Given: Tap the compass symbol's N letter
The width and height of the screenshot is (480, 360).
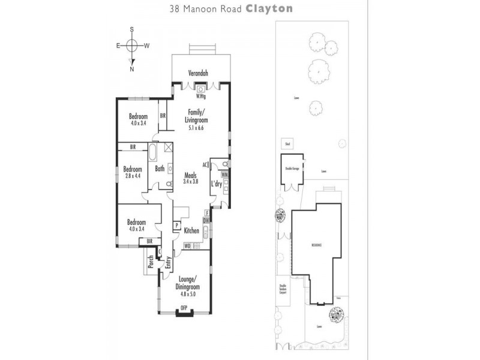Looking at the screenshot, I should (x=132, y=69).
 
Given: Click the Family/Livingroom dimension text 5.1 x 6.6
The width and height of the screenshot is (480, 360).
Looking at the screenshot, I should (x=197, y=127).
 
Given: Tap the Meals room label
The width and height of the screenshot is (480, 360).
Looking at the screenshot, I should (x=190, y=175).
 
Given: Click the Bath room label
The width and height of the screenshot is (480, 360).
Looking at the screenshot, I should (x=160, y=169).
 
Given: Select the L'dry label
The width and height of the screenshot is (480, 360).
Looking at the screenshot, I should (x=217, y=184).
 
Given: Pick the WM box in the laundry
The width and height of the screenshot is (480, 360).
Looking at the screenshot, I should (x=224, y=174).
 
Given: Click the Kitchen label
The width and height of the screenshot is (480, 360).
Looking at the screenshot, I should (x=191, y=230).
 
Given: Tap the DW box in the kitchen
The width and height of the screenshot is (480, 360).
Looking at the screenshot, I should (x=206, y=220).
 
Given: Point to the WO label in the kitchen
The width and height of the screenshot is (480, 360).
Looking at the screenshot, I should (x=187, y=245).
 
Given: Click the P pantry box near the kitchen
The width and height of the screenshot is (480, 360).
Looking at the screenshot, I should (x=177, y=225).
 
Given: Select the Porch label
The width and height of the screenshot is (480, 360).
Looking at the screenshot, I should (x=151, y=262).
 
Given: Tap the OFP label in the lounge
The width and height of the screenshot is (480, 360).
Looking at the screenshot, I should (x=184, y=308).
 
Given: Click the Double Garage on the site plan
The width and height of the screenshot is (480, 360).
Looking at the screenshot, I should (x=291, y=169).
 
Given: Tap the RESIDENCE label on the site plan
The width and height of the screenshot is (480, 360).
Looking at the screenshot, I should (x=316, y=245).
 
